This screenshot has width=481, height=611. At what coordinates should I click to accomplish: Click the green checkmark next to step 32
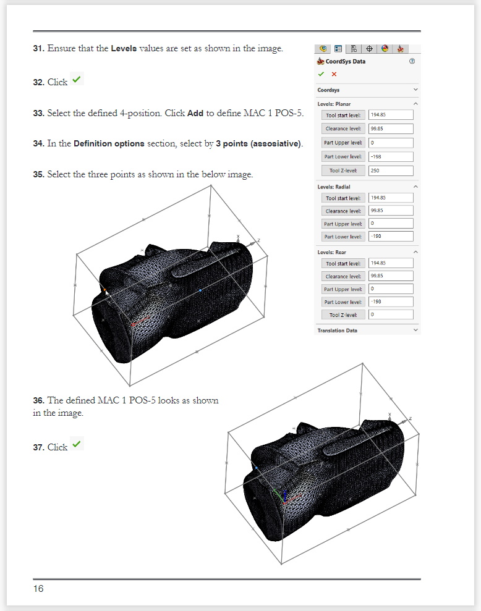pos(77,80)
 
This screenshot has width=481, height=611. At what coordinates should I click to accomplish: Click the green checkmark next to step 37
pos(77,445)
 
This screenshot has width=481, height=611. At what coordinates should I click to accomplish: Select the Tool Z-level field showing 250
pos(391,171)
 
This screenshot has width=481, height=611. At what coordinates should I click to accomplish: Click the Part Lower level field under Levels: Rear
pos(391,302)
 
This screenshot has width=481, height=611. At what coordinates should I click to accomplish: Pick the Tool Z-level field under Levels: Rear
pos(391,314)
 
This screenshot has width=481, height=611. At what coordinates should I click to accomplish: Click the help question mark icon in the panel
pos(412,62)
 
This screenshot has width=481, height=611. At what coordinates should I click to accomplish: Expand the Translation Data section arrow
pos(415,331)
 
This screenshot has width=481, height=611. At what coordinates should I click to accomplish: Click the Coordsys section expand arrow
pos(415,90)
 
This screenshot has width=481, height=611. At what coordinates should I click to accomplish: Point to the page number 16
pos(38,589)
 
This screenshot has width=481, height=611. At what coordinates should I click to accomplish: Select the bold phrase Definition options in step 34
pos(109,144)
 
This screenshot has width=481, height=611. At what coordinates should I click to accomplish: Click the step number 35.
pos(38,175)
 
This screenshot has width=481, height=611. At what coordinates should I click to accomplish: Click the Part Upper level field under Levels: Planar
pos(391,143)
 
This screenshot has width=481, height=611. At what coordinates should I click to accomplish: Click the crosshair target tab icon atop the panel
pos(369,49)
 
